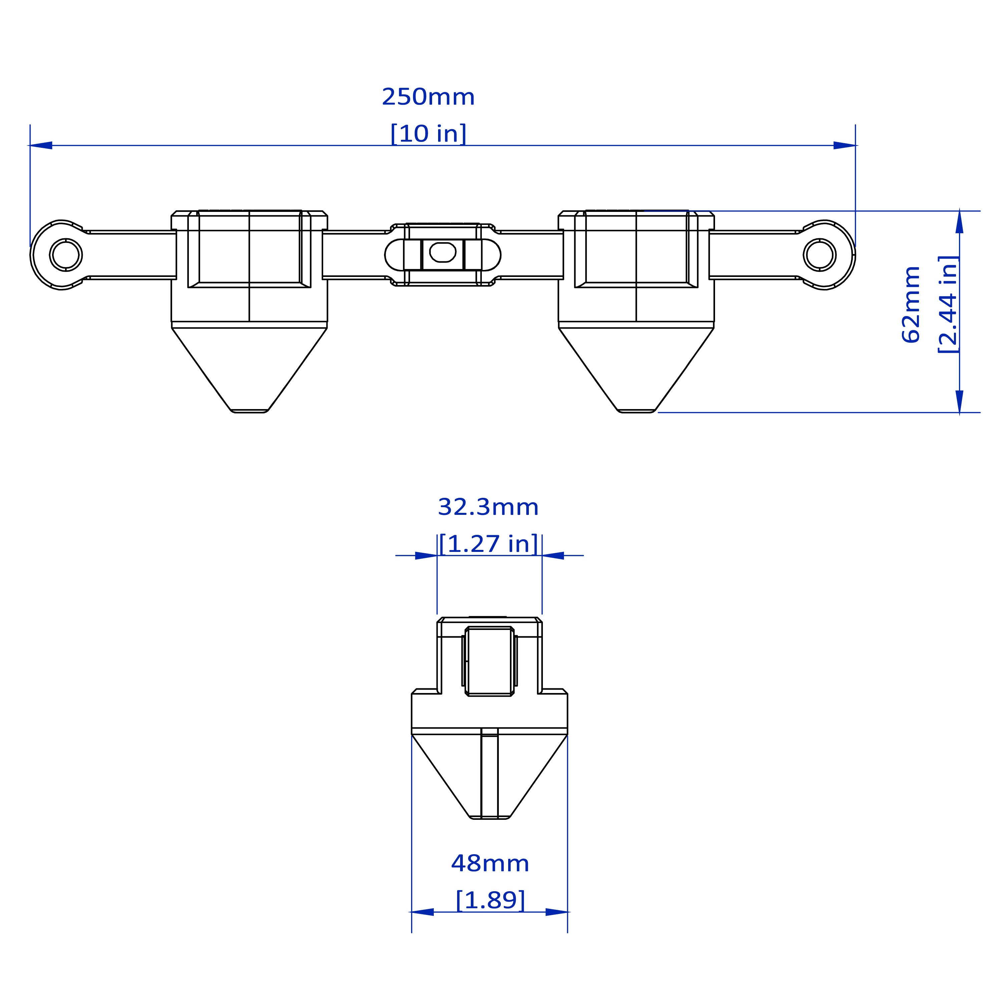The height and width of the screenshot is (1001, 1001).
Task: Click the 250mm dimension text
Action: pyautogui.click(x=428, y=97)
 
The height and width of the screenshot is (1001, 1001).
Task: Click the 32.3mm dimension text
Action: pyautogui.click(x=488, y=507)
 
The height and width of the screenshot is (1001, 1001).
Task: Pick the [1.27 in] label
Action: pyautogui.click(x=488, y=544)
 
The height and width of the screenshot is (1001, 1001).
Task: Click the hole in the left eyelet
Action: pyautogui.click(x=65, y=254)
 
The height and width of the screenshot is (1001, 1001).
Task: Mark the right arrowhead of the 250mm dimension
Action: pyautogui.click(x=844, y=145)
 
